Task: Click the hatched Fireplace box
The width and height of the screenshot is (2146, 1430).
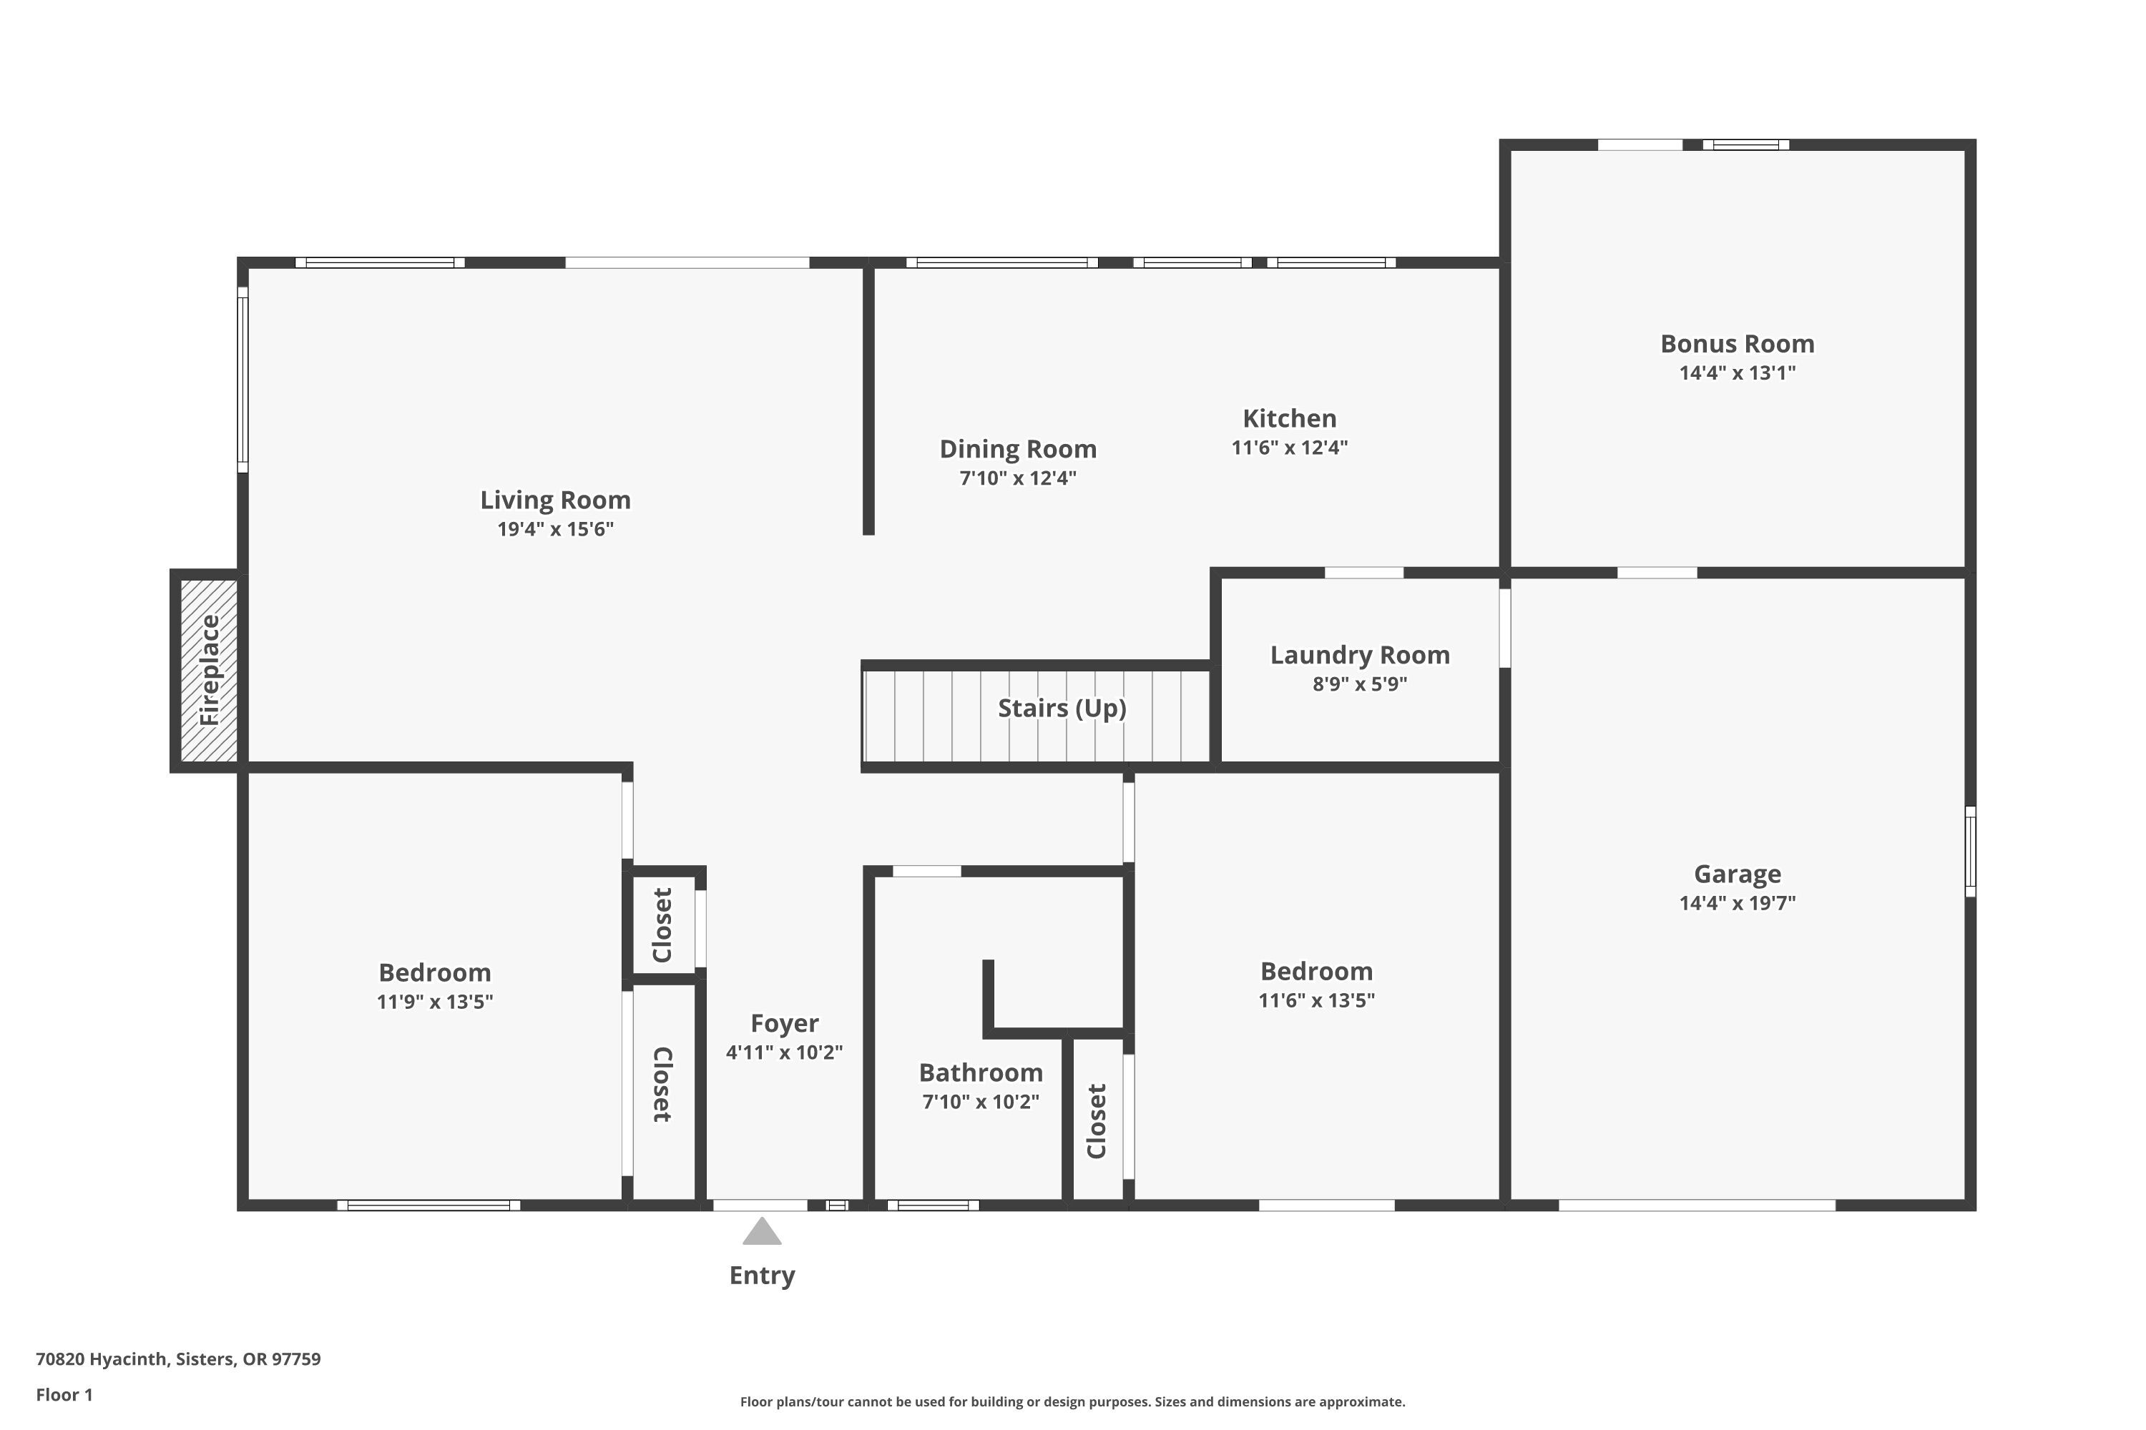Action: pos(209,671)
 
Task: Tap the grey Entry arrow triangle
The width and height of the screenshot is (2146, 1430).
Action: pos(762,1232)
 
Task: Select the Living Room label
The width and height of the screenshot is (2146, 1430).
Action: pos(555,500)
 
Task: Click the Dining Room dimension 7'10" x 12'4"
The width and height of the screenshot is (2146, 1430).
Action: pos(1017,478)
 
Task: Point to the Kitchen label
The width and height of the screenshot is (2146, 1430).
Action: pos(1289,418)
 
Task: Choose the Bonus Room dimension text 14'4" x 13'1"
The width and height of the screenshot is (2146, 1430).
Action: pos(1736,372)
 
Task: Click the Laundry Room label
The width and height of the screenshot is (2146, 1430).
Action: pos(1360,655)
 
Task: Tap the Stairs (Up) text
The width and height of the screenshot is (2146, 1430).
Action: pos(1061,708)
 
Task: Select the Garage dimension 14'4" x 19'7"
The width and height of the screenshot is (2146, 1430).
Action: pos(1736,903)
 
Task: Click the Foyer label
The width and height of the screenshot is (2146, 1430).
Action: pos(784,1023)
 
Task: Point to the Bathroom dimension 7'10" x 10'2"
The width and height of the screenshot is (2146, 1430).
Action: pos(980,1102)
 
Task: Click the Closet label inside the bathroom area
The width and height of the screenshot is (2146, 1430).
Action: pos(1097,1121)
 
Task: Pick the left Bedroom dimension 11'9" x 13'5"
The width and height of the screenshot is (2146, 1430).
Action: pos(434,1002)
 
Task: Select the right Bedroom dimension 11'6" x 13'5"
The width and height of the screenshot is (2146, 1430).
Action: pos(1315,1000)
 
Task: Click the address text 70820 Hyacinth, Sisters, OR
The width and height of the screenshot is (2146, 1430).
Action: pos(178,1359)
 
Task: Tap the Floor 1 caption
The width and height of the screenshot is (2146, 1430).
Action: pos(64,1394)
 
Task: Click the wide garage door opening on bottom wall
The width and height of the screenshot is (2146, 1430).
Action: pos(1696,1205)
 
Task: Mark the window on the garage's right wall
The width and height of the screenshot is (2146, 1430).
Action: pos(1970,851)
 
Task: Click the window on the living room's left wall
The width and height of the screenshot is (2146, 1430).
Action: pos(242,380)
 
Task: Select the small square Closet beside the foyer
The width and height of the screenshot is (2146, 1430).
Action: pos(663,924)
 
